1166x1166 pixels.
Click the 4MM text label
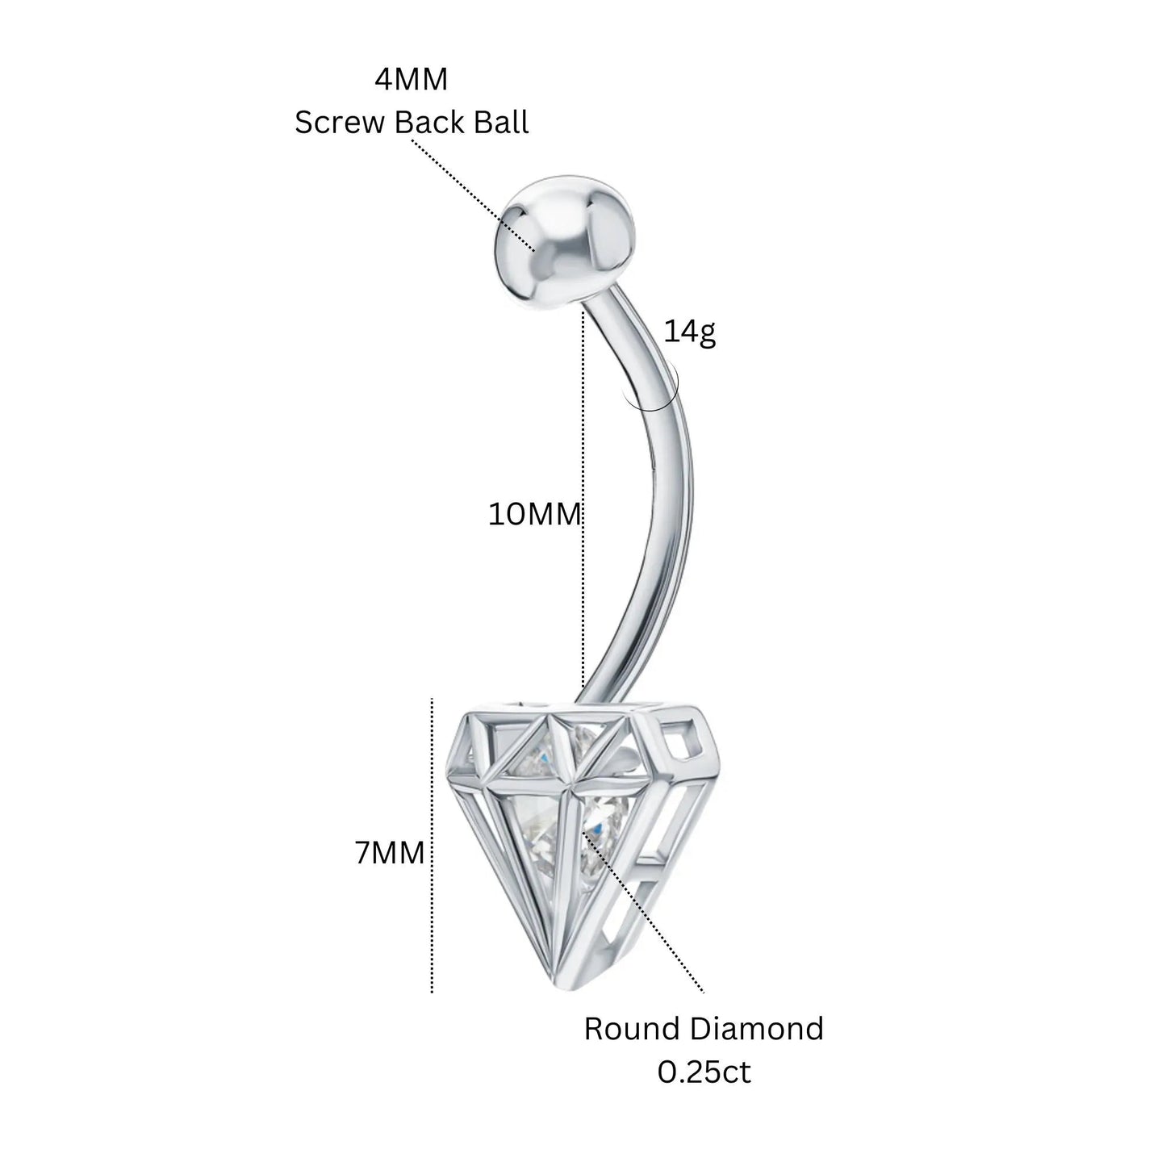coord(411,79)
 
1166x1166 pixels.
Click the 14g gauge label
coord(690,332)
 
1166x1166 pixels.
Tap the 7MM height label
coord(390,854)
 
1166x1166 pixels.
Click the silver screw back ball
coord(565,236)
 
